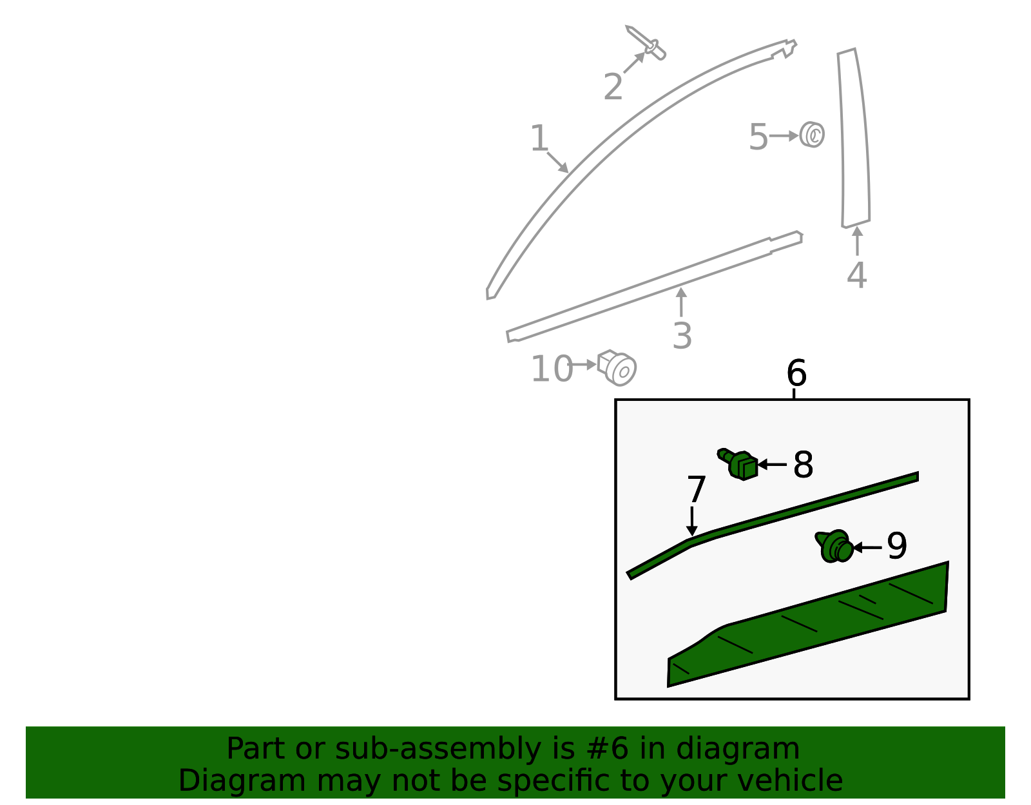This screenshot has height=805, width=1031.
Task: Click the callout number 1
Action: pyautogui.click(x=539, y=139)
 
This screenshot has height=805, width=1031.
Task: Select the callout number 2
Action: pyautogui.click(x=613, y=87)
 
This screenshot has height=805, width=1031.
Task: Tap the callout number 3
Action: pyautogui.click(x=682, y=336)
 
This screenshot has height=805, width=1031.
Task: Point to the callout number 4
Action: pyautogui.click(x=856, y=275)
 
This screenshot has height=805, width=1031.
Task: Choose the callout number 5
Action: pyautogui.click(x=758, y=137)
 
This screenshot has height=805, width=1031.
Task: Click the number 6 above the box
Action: pyautogui.click(x=796, y=373)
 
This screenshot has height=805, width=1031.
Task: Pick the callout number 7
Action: pyautogui.click(x=697, y=490)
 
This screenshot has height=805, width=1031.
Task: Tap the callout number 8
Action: pyautogui.click(x=803, y=465)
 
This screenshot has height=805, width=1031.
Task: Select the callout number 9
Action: pyautogui.click(x=896, y=547)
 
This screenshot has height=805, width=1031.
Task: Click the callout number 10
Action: pyautogui.click(x=552, y=369)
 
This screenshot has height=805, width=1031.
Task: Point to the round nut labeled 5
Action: pyautogui.click(x=812, y=135)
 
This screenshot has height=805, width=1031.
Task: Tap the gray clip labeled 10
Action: pyautogui.click(x=617, y=367)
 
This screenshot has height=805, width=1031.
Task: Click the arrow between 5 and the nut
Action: pyautogui.click(x=784, y=136)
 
